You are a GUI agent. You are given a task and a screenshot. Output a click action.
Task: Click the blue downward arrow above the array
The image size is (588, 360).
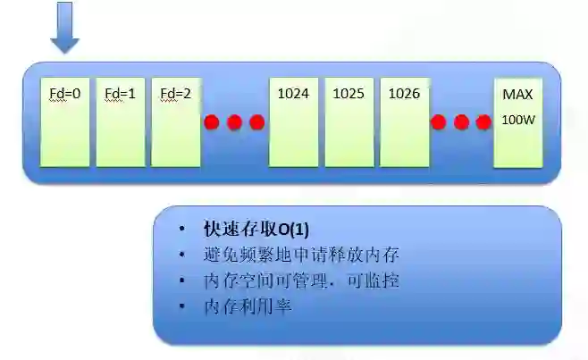[64, 27]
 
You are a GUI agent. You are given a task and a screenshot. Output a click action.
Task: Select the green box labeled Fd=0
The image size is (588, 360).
[65, 122]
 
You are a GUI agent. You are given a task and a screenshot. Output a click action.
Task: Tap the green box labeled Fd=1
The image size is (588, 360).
[121, 122]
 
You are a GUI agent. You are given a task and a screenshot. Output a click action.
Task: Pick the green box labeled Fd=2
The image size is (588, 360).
[175, 122]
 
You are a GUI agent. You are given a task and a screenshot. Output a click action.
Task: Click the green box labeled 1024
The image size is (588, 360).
[294, 122]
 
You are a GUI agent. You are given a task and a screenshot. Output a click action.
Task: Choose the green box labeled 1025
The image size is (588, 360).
[349, 122]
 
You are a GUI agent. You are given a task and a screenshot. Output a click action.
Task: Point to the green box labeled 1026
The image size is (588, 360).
[404, 122]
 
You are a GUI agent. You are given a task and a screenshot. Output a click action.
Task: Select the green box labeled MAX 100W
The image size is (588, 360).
[518, 122]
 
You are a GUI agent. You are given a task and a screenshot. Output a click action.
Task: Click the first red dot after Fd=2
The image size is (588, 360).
[212, 122]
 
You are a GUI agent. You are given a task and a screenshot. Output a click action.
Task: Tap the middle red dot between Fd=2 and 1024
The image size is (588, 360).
[234, 122]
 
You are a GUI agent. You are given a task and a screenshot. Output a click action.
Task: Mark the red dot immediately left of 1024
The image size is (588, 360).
[256, 122]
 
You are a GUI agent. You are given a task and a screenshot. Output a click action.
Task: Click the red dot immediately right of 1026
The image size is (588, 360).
[439, 122]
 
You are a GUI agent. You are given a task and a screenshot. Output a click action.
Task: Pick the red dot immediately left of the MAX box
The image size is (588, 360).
[483, 122]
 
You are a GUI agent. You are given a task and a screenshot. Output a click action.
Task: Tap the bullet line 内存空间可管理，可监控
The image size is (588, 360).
[301, 280]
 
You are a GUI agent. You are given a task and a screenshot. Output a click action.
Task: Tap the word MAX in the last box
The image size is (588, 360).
[517, 94]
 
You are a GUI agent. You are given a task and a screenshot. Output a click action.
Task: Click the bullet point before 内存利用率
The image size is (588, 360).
[183, 306]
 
